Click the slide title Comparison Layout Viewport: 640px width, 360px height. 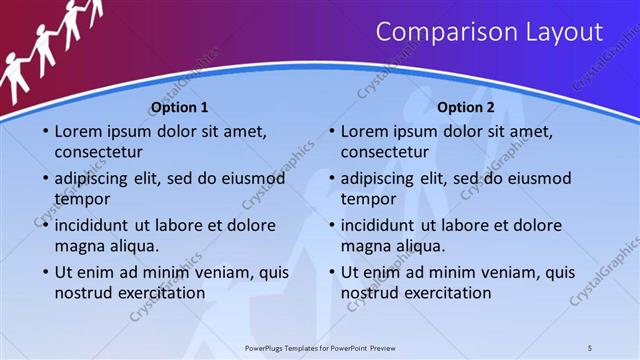[x=489, y=33]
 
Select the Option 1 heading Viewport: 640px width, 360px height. [x=180, y=107]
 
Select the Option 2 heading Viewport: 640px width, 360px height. [x=466, y=107]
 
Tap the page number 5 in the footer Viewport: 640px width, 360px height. [x=590, y=347]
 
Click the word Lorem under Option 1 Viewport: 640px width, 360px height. [x=79, y=131]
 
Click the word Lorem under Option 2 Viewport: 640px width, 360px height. [x=365, y=131]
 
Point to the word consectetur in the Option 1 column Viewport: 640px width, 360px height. [x=98, y=152]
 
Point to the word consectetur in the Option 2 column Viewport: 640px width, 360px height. [x=384, y=152]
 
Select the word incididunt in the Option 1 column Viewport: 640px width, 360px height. [x=96, y=225]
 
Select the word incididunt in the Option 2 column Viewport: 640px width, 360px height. [x=382, y=225]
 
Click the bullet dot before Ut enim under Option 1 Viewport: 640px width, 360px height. [x=45, y=272]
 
